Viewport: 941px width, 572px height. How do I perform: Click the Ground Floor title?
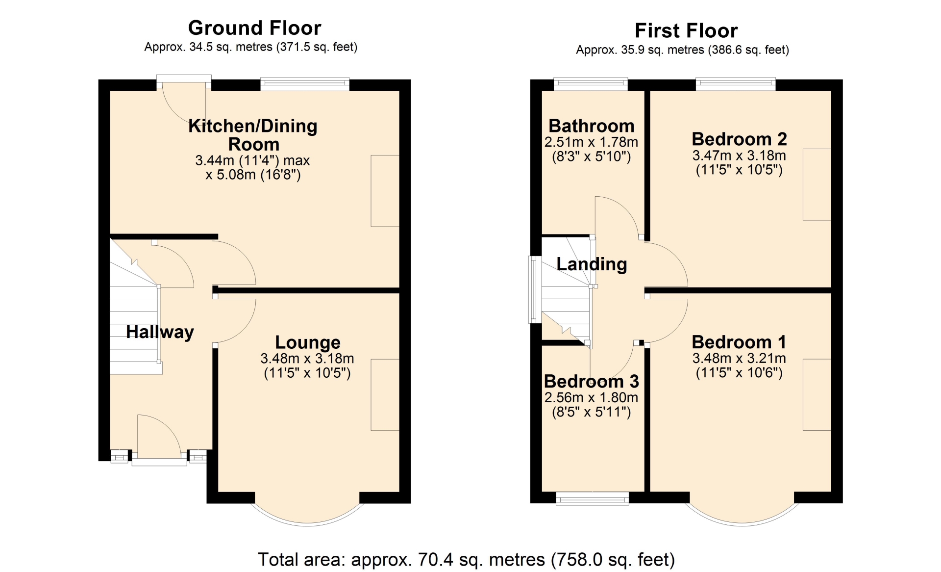pos(255,28)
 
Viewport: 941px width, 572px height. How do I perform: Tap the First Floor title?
pos(686,31)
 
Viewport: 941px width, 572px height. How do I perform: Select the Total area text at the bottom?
pos(466,559)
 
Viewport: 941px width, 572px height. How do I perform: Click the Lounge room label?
pos(307,342)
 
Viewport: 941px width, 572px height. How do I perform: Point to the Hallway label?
pos(160,332)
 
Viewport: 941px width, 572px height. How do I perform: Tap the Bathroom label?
pos(591,126)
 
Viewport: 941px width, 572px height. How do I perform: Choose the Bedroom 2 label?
pos(739,139)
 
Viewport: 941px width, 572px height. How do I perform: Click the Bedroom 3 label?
pos(591,381)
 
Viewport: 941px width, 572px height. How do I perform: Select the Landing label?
pos(592,264)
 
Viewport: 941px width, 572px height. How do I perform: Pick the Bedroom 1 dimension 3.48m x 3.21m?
pos(739,359)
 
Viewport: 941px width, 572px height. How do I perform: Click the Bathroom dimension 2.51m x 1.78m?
pos(591,142)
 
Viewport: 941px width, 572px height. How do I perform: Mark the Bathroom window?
pos(591,84)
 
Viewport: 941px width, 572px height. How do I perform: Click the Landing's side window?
pos(535,289)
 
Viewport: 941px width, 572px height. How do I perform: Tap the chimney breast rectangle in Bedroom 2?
pos(817,184)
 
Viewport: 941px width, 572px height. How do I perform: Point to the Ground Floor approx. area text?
pos(251,47)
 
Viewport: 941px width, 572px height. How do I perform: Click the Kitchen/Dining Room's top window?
pos(305,84)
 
